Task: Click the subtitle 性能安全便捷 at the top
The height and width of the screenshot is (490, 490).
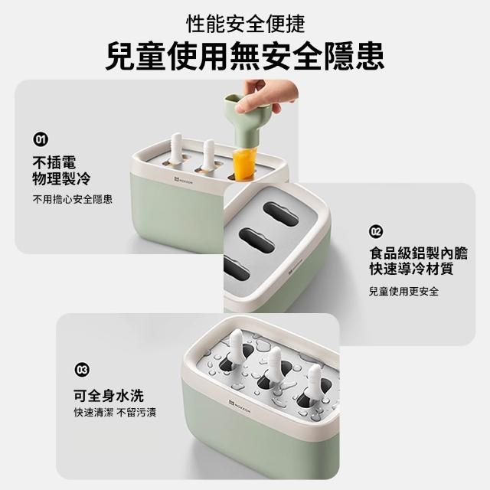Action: (245, 24)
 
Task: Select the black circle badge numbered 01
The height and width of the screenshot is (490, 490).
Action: (41, 139)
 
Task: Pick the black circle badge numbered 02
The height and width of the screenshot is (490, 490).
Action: (376, 231)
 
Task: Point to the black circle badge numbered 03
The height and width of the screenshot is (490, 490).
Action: (82, 370)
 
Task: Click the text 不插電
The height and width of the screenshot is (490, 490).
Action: (54, 162)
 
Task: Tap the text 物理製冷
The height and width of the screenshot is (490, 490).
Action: (61, 178)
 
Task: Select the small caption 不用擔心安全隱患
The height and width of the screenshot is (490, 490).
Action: (73, 199)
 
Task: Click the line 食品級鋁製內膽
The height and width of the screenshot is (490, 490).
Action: (419, 253)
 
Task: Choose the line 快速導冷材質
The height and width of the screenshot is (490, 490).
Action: (411, 269)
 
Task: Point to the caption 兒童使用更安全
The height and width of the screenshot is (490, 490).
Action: (403, 291)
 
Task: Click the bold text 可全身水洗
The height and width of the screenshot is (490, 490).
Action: (109, 396)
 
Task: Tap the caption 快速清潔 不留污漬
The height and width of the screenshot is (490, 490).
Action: (115, 413)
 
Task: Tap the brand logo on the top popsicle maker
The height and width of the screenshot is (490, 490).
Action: (184, 181)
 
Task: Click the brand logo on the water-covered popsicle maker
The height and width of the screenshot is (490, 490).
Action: (240, 405)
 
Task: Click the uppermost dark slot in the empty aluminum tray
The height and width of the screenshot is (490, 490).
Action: (281, 214)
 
